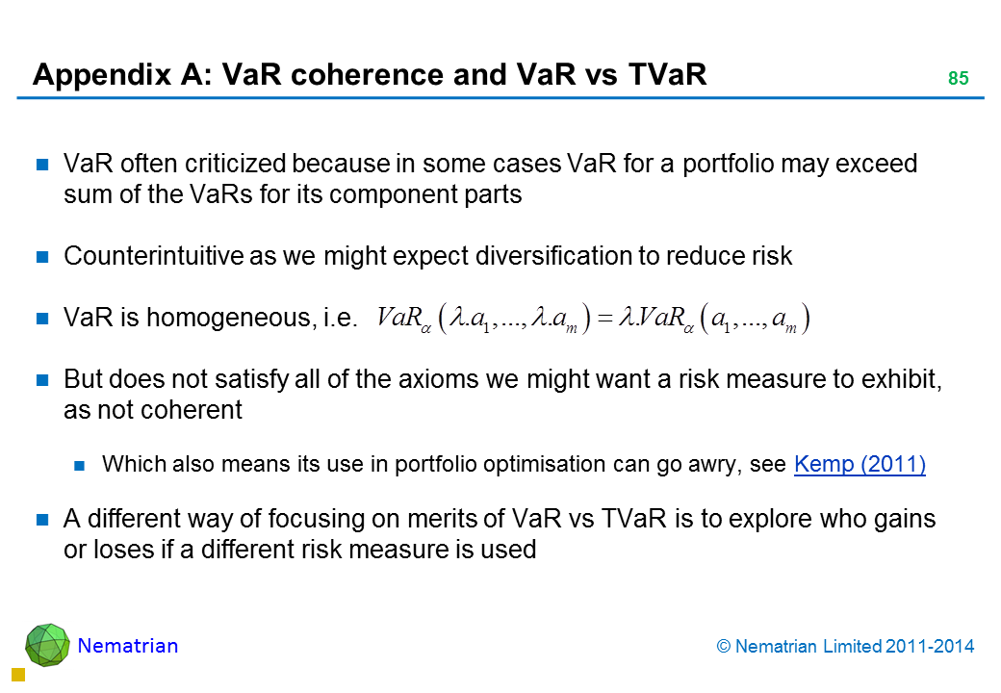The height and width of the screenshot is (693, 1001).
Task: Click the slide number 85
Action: tap(958, 78)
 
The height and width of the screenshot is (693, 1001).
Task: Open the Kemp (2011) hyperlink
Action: tap(860, 464)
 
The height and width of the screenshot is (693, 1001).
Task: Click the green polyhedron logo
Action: tap(47, 645)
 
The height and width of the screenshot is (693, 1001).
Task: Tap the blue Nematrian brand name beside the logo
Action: tap(128, 646)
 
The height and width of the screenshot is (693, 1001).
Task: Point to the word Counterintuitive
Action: tap(153, 256)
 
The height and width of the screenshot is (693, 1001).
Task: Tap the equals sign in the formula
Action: tap(604, 318)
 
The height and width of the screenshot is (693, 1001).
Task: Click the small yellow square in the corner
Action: tap(18, 675)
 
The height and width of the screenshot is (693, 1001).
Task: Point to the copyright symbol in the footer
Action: tap(723, 647)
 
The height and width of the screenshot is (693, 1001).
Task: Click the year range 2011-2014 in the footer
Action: tap(930, 647)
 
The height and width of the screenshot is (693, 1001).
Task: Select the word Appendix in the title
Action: tap(101, 75)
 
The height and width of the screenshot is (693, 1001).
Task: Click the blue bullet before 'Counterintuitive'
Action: tap(42, 257)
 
